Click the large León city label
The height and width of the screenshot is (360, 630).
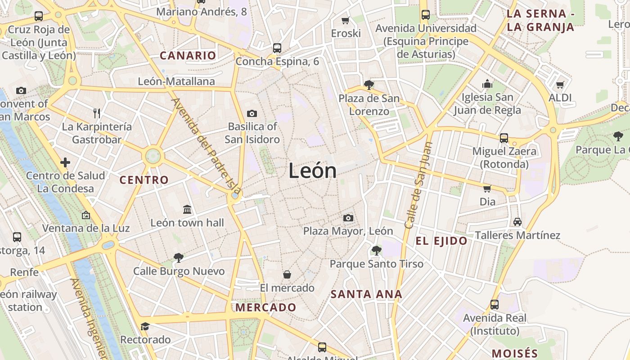tap(312, 171)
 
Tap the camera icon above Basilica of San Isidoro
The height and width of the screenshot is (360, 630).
tap(252, 113)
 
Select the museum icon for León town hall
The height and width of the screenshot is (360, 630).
tap(187, 209)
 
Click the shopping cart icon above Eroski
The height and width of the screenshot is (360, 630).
tap(346, 20)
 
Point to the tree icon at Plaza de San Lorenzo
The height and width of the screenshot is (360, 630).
tap(369, 85)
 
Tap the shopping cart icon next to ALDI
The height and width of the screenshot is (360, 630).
tap(560, 85)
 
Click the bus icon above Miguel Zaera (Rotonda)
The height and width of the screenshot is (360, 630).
tap(504, 138)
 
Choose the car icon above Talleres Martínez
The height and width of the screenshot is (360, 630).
tap(517, 222)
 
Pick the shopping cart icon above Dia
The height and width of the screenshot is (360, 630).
tap(487, 189)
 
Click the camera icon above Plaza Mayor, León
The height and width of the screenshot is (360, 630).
tap(348, 218)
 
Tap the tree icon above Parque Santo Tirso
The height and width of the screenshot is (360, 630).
tap(376, 250)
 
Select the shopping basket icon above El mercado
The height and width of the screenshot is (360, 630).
tap(287, 274)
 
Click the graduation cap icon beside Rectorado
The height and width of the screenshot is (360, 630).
tap(145, 326)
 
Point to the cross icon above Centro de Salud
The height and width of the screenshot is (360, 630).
tap(65, 162)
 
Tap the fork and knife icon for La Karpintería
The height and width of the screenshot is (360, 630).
tap(96, 113)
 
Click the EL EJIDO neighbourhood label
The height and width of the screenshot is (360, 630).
tap(441, 241)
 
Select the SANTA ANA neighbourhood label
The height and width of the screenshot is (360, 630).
tap(366, 295)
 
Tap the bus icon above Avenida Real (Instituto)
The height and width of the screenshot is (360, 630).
tap(495, 305)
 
